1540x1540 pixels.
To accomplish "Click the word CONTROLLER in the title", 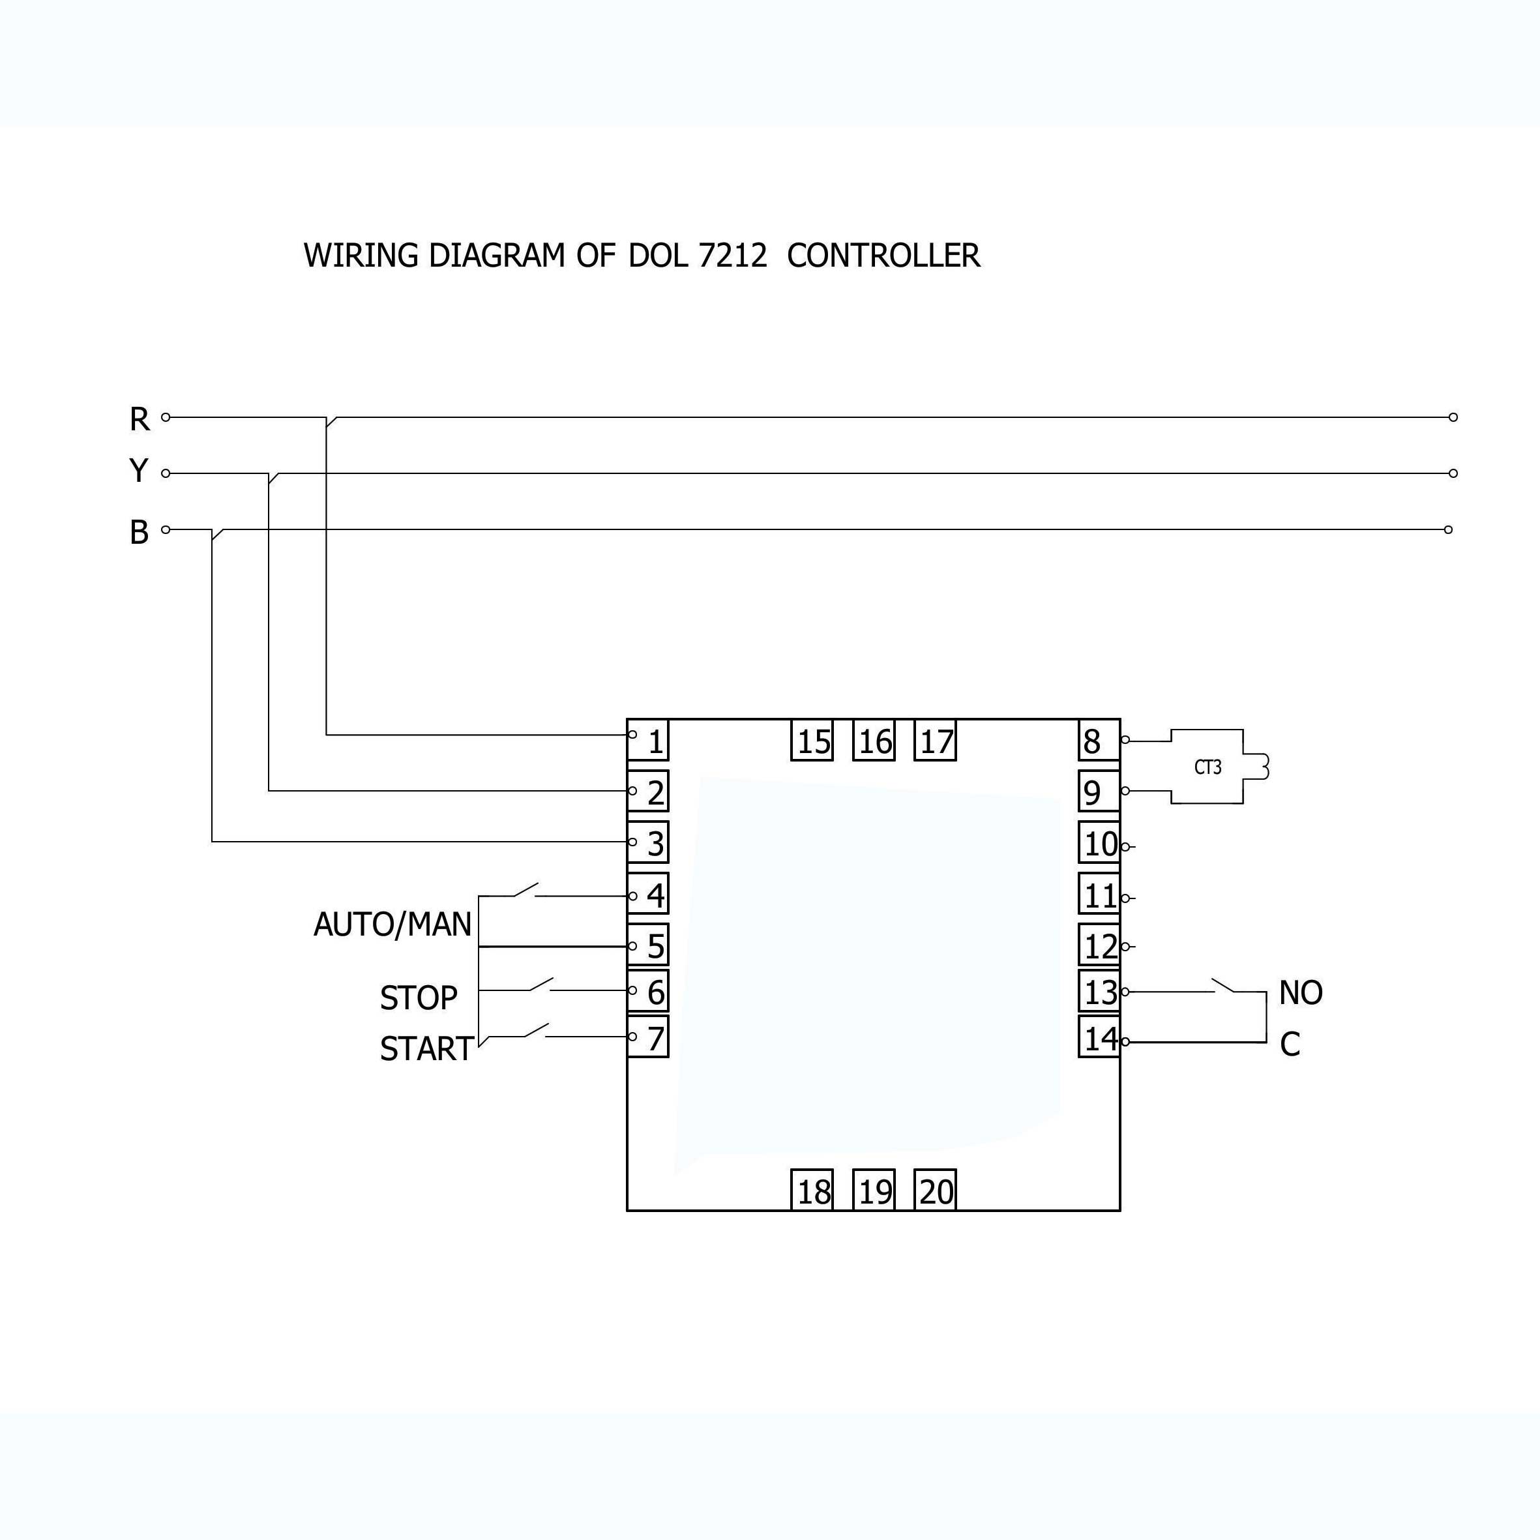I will pyautogui.click(x=883, y=256).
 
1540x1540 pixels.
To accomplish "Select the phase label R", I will pyautogui.click(x=140, y=419).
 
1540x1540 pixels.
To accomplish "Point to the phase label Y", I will pyautogui.click(x=139, y=471).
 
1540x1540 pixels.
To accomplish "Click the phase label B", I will pyautogui.click(x=140, y=531).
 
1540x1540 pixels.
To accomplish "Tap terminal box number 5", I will pyautogui.click(x=649, y=946).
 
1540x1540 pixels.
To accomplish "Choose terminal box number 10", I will pyautogui.click(x=1099, y=843).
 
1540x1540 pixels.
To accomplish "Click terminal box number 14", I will pyautogui.click(x=1099, y=1038).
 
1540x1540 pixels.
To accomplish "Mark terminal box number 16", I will pyautogui.click(x=874, y=741).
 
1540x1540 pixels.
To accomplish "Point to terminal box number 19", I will pyautogui.click(x=874, y=1192).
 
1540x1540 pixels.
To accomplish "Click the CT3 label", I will pyautogui.click(x=1207, y=767).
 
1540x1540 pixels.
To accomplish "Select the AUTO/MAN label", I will pyautogui.click(x=392, y=925).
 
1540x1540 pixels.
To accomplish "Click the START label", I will pyautogui.click(x=426, y=1049).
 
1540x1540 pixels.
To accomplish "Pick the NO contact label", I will pyautogui.click(x=1300, y=993).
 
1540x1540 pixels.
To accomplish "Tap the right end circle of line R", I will pyautogui.click(x=1453, y=417).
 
